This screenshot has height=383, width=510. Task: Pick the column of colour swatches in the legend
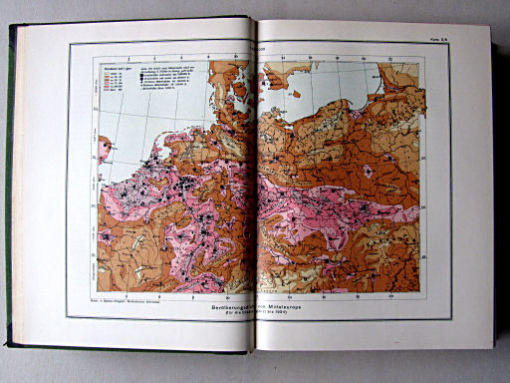click(x=104, y=85)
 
